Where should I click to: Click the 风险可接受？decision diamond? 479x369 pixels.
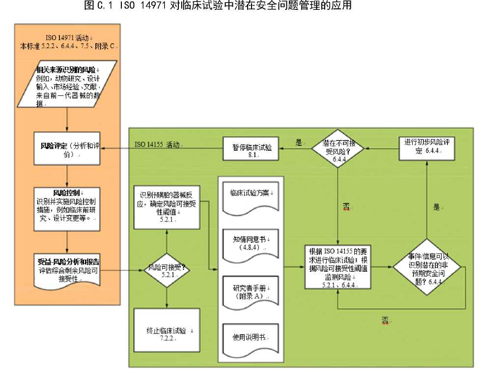[x=167, y=270]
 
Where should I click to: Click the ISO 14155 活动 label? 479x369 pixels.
[x=160, y=145]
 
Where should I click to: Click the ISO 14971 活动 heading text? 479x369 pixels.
[x=68, y=38]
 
